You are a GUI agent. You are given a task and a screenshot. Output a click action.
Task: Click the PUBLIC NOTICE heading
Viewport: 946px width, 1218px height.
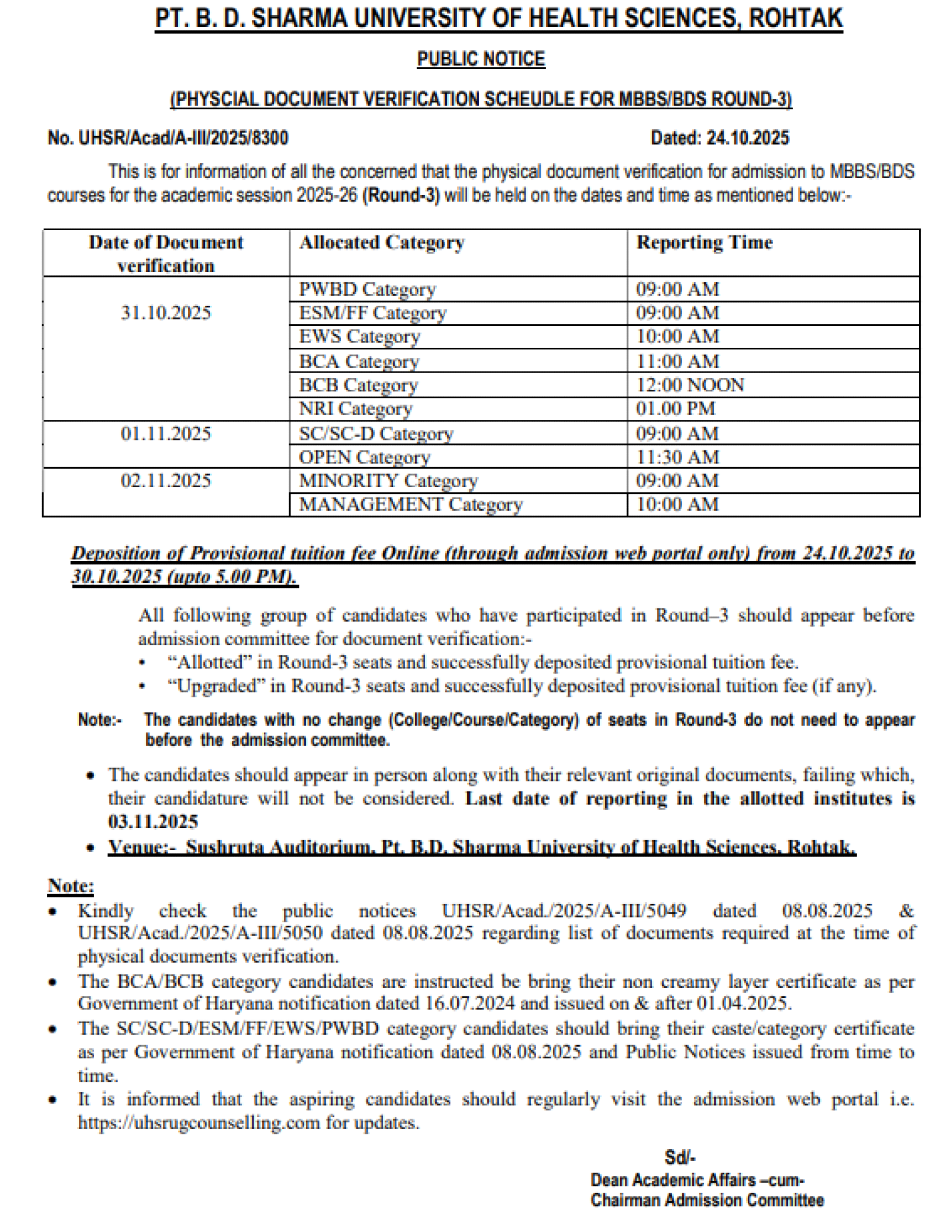[481, 59]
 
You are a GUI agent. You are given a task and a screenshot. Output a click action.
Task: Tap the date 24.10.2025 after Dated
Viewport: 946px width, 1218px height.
[747, 138]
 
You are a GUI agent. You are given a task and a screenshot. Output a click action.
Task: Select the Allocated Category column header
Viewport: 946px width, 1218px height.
[382, 243]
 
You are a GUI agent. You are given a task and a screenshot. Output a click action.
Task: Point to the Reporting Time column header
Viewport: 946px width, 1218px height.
[704, 243]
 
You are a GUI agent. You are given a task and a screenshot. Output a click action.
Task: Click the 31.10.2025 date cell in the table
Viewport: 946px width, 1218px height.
[166, 313]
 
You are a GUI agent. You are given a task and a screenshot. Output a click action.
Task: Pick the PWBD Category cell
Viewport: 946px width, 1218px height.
[367, 289]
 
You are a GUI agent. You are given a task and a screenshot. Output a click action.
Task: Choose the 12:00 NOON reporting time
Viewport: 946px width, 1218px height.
[689, 385]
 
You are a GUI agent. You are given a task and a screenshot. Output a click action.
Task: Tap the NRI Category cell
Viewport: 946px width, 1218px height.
[355, 409]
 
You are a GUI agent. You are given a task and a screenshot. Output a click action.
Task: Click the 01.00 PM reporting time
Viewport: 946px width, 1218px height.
[675, 409]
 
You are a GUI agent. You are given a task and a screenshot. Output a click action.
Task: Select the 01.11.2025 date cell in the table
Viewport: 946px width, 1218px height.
[166, 434]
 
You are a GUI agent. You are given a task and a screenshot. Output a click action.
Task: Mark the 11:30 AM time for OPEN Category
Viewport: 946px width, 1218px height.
[677, 457]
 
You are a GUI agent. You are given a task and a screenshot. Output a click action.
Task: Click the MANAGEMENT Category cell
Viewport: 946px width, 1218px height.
[410, 505]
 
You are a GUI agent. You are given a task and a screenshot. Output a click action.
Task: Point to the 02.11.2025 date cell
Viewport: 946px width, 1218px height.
[166, 481]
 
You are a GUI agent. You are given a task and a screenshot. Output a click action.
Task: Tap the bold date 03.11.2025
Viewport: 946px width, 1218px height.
[153, 822]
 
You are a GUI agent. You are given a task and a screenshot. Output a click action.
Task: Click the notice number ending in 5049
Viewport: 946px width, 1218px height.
[563, 911]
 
